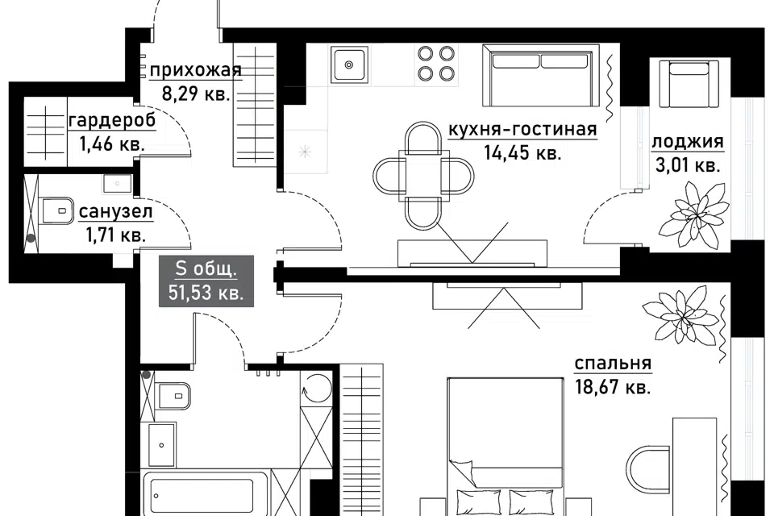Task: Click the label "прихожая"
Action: pyautogui.click(x=195, y=71)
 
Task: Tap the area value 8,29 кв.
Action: pyautogui.click(x=196, y=94)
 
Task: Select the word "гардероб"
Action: pyautogui.click(x=113, y=120)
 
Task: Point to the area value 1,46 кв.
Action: pyautogui.click(x=112, y=144)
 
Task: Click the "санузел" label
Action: pyautogui.click(x=116, y=212)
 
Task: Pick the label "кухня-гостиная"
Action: pyautogui.click(x=522, y=129)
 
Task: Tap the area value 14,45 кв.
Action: pyautogui.click(x=522, y=152)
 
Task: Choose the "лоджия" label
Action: pyautogui.click(x=688, y=142)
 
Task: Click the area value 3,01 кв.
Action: pyautogui.click(x=688, y=165)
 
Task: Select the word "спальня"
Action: pyautogui.click(x=613, y=364)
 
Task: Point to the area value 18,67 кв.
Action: pyautogui.click(x=613, y=387)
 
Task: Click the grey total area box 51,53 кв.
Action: pyautogui.click(x=206, y=281)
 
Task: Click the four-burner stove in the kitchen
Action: pyautogui.click(x=436, y=63)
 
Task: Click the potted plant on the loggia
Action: pyautogui.click(x=694, y=214)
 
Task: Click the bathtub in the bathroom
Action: pyautogui.click(x=206, y=493)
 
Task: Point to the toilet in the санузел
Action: pyautogui.click(x=56, y=211)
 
